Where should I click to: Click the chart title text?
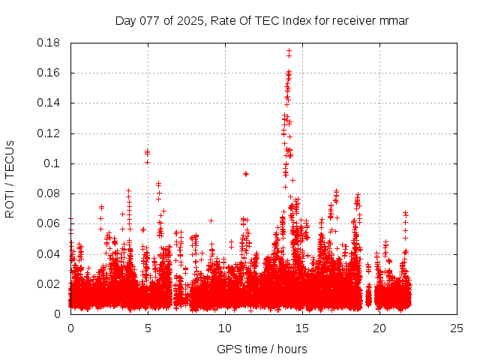(x=262, y=20)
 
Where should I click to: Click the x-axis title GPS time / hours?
(x=262, y=349)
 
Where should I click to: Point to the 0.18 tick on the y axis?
(x=50, y=43)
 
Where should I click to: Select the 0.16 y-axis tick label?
(x=50, y=73)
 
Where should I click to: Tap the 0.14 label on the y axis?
(x=50, y=103)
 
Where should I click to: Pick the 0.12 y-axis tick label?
(x=50, y=133)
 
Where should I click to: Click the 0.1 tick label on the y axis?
(x=53, y=163)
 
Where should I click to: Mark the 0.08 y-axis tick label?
(x=50, y=193)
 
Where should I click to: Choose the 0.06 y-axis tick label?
(x=50, y=223)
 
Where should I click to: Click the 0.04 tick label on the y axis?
(x=50, y=253)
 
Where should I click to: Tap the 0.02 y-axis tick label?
(x=50, y=283)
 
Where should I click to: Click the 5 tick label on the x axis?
(x=148, y=328)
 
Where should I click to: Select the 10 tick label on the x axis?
(x=225, y=328)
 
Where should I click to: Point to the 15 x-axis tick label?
(x=302, y=328)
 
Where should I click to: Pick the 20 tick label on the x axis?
(x=379, y=328)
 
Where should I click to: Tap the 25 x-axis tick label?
(x=457, y=328)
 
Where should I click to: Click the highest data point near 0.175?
(x=289, y=51)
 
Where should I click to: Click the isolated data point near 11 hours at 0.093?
(x=245, y=173)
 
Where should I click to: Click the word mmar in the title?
(x=394, y=20)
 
